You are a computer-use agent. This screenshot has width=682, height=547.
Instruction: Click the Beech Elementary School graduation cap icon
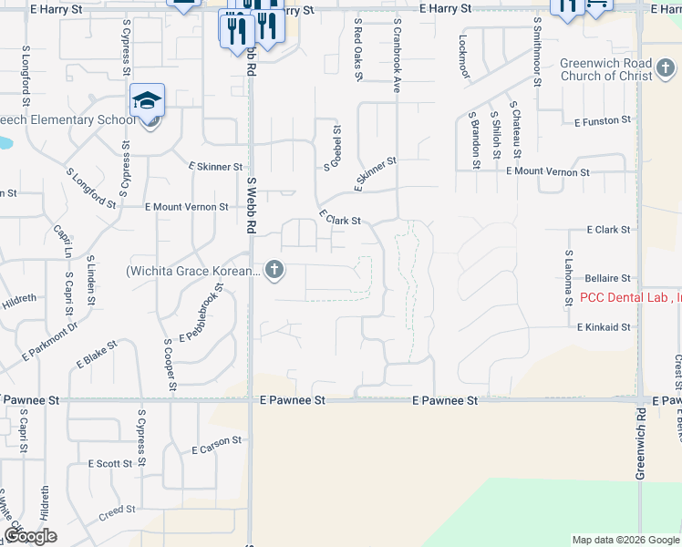pos(147,99)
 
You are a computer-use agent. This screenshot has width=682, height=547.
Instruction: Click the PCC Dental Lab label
pos(630,297)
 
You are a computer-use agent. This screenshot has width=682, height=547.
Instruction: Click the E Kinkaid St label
pos(603,326)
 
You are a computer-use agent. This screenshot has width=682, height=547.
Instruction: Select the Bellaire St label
pos(607,277)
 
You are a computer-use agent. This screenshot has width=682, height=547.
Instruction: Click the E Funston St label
pos(602,120)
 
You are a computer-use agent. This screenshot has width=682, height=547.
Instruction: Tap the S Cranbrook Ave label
pos(398,55)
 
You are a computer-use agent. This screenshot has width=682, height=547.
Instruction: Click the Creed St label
pos(117,512)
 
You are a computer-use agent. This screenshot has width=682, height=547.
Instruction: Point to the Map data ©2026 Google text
pos(625,540)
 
